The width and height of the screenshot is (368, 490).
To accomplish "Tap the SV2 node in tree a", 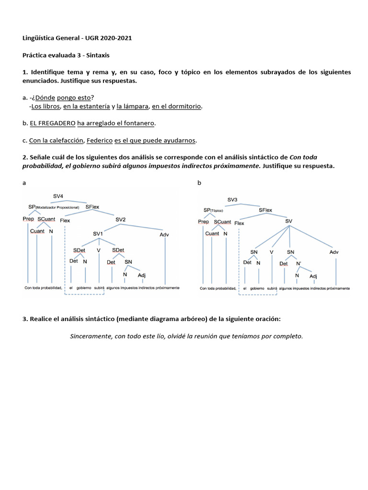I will (120, 220).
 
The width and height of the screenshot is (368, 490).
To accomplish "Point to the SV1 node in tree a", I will (98, 234).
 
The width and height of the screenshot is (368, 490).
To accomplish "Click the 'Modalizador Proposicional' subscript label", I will (60, 207).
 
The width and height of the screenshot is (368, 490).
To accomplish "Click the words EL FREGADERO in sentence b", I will (53, 123).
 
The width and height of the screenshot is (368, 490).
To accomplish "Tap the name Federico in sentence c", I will (100, 140).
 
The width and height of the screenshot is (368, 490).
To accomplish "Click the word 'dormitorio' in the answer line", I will (183, 106).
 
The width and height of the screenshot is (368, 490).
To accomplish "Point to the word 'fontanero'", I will (139, 123).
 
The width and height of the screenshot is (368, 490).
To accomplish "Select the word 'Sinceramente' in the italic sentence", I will (90, 336).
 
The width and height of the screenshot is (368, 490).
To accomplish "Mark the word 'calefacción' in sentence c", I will (66, 140).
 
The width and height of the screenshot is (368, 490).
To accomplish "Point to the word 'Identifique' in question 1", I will (48, 72).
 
